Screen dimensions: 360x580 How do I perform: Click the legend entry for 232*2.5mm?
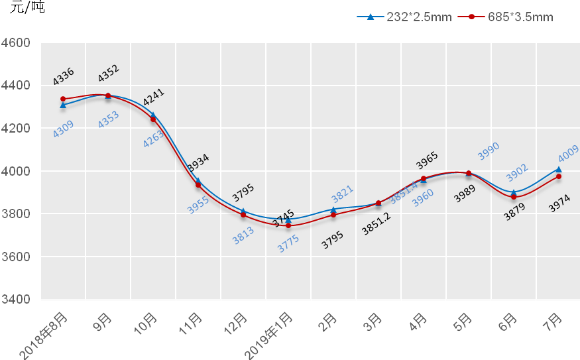[x=404, y=17]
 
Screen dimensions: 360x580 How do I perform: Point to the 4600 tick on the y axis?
[x=17, y=43]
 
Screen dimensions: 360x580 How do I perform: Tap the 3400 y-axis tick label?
[x=17, y=300]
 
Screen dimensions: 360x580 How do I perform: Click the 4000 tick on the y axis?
[x=17, y=171]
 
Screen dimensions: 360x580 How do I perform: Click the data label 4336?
[x=64, y=76]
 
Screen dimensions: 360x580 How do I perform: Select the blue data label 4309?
[x=63, y=129]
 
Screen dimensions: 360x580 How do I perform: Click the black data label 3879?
[x=514, y=212]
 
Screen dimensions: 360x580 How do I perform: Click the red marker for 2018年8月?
[x=63, y=99]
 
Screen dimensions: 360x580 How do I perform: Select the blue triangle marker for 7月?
[x=559, y=169]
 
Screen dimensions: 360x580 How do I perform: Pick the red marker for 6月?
[x=514, y=197]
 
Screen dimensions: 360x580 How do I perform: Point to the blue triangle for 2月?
[x=333, y=210]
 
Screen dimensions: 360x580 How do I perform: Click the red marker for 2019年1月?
[x=288, y=225]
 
